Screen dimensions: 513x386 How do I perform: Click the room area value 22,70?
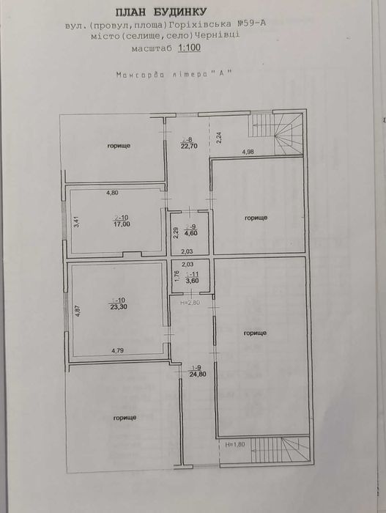189,145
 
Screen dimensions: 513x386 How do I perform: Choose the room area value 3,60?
189,280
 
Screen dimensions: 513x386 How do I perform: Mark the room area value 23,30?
116,306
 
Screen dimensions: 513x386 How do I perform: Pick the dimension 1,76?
176,276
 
